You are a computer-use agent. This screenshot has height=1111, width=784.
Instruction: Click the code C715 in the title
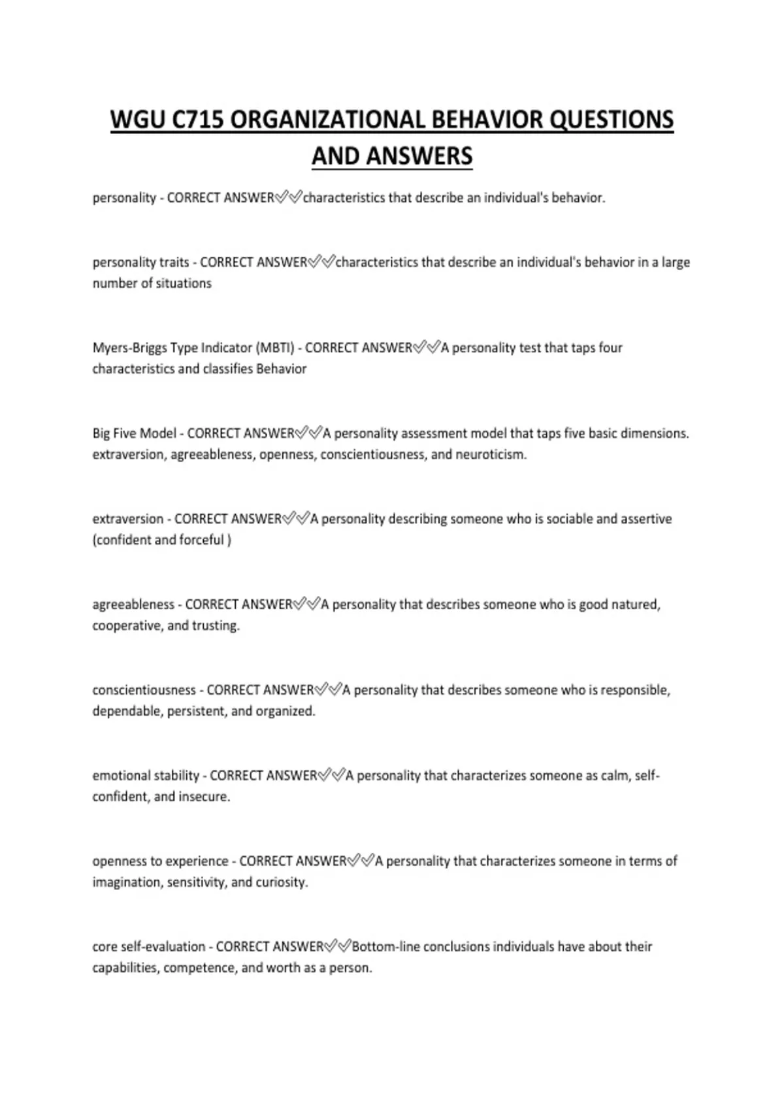click(194, 120)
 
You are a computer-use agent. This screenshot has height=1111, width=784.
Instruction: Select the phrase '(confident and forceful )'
click(162, 540)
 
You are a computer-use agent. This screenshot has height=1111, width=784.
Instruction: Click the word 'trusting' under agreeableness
click(216, 625)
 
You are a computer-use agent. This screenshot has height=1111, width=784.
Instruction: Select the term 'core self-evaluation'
click(149, 946)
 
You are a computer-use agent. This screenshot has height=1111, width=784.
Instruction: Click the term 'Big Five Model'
click(135, 433)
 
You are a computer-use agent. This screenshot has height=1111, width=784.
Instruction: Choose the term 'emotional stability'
click(146, 776)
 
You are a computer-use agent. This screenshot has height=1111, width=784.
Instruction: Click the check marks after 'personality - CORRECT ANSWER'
click(288, 197)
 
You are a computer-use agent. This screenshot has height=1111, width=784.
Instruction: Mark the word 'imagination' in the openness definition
click(127, 882)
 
